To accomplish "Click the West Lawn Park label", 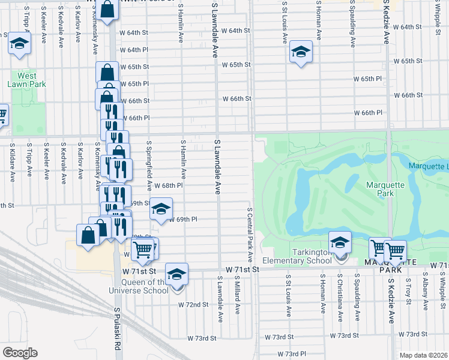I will pos(26,80).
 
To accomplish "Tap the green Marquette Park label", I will pos(381,189).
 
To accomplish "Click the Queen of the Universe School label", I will pos(145,286).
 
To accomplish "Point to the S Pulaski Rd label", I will pos(118,329).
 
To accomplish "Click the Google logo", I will pos(20,353).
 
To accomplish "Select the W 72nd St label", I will pos(193,304).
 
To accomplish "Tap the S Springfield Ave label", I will pos(149,162).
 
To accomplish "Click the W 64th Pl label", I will pos(134,50).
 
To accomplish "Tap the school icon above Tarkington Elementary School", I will pos(340,242).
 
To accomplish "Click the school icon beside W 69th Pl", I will pos(161,209).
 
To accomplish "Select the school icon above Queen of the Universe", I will pos(176,274).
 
